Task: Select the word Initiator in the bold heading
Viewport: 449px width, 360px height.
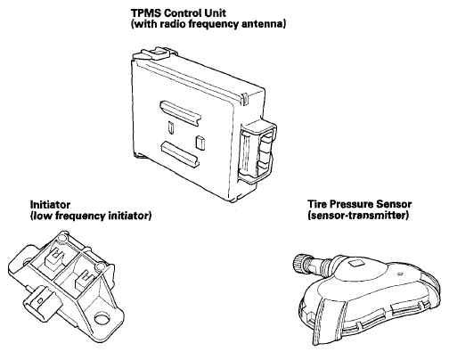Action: point(50,205)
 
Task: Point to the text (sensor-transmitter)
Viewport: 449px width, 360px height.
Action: point(358,215)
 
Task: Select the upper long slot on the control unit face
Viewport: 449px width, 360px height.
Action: point(181,113)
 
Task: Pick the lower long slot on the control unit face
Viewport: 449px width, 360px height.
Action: point(180,153)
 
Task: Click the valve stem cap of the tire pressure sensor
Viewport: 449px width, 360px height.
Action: point(300,262)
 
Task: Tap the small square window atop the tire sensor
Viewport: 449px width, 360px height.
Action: point(355,263)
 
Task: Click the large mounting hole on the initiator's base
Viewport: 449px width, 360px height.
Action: point(102,319)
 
